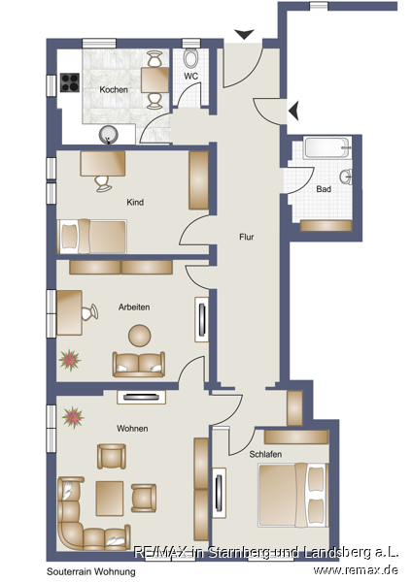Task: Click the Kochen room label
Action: [114, 90]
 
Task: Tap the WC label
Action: [190, 77]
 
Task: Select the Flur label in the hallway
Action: [246, 237]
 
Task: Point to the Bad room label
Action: [324, 189]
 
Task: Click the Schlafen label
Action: [265, 454]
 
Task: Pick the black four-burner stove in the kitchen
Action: [70, 82]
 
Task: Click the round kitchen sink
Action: [109, 135]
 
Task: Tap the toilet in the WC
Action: [191, 58]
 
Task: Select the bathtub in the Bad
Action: [327, 148]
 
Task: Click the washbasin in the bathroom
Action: [346, 177]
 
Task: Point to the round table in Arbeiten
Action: [140, 336]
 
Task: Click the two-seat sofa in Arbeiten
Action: [139, 365]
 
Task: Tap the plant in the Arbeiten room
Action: [70, 360]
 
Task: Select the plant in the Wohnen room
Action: [73, 417]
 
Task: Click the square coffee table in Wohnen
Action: [110, 499]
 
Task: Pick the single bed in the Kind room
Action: [92, 237]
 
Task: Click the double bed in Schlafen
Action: [293, 495]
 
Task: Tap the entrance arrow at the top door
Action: [245, 34]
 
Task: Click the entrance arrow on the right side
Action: [293, 111]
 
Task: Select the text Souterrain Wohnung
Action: [91, 571]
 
